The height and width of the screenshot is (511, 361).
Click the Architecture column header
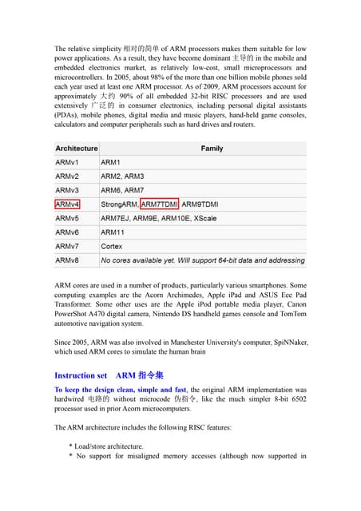tap(77, 149)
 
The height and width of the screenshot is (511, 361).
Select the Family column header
tap(212, 149)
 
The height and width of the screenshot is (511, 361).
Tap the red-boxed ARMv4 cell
tap(67, 204)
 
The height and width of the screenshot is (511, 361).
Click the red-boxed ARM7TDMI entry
tap(160, 204)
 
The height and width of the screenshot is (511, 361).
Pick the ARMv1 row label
tap(67, 162)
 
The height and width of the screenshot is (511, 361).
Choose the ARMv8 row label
tap(67, 260)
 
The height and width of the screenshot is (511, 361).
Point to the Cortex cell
tap(112, 247)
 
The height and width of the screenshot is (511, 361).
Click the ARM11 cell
tap(113, 232)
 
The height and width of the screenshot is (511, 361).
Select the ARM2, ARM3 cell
tap(122, 176)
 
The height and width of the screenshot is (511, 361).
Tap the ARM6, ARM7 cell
tap(122, 190)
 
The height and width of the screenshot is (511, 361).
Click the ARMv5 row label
tap(67, 218)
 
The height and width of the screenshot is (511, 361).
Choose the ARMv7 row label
tap(67, 247)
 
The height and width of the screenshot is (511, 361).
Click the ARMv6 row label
tap(67, 232)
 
